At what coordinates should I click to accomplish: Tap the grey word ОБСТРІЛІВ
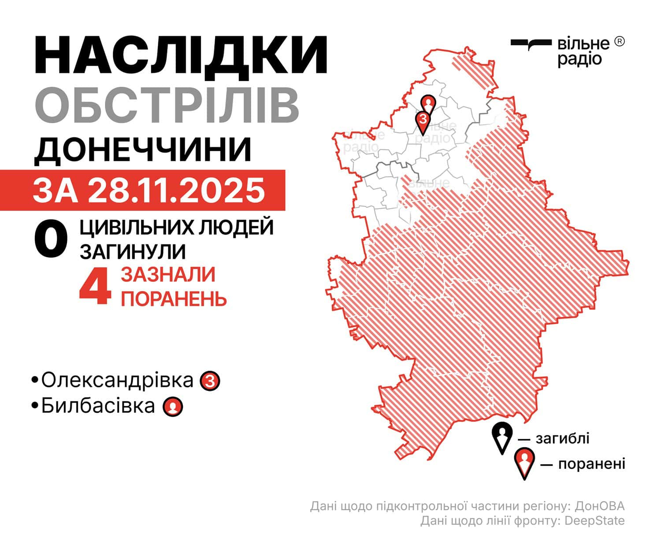click(167, 106)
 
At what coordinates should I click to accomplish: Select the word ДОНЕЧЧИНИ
click(143, 150)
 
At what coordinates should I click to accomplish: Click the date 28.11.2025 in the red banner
click(176, 190)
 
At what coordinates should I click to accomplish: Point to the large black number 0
click(51, 240)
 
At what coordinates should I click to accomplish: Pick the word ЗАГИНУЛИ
click(132, 251)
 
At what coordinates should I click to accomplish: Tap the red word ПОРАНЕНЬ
click(174, 299)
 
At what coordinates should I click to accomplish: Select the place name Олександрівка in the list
click(117, 380)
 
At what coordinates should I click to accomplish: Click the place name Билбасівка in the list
click(98, 406)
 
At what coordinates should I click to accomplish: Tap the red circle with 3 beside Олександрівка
click(210, 381)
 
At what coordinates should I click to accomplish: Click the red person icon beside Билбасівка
click(173, 407)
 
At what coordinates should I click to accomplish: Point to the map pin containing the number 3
click(423, 121)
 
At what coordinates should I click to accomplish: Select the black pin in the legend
click(502, 436)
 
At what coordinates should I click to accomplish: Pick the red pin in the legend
click(524, 462)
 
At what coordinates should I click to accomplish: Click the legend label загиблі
click(562, 438)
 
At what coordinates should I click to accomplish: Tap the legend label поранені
click(591, 464)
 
